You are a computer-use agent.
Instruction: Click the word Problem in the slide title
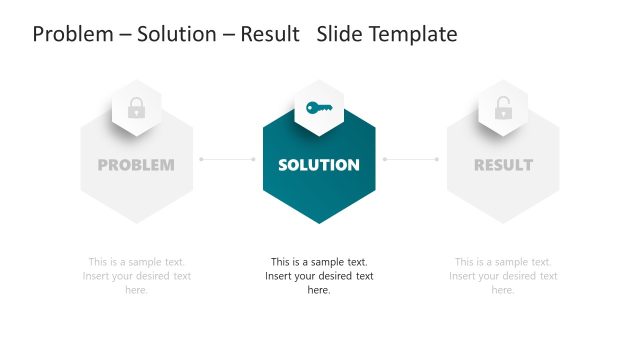tap(71, 34)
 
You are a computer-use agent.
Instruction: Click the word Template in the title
tap(413, 34)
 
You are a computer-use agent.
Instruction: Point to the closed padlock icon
tap(136, 108)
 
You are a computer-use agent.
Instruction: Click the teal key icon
tap(319, 108)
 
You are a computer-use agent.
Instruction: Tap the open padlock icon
tap(502, 108)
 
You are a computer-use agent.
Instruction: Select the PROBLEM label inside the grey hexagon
tap(136, 165)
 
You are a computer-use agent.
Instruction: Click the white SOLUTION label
tap(319, 165)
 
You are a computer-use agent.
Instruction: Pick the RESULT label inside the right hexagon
tap(503, 165)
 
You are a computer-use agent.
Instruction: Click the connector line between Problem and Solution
tap(228, 159)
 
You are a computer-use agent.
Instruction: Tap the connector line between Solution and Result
tap(411, 159)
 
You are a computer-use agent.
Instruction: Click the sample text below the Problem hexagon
tap(136, 276)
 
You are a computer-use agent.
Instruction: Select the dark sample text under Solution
tap(319, 276)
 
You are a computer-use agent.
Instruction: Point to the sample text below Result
tap(503, 276)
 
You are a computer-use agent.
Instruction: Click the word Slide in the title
tap(339, 34)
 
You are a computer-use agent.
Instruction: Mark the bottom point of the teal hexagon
tap(319, 221)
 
